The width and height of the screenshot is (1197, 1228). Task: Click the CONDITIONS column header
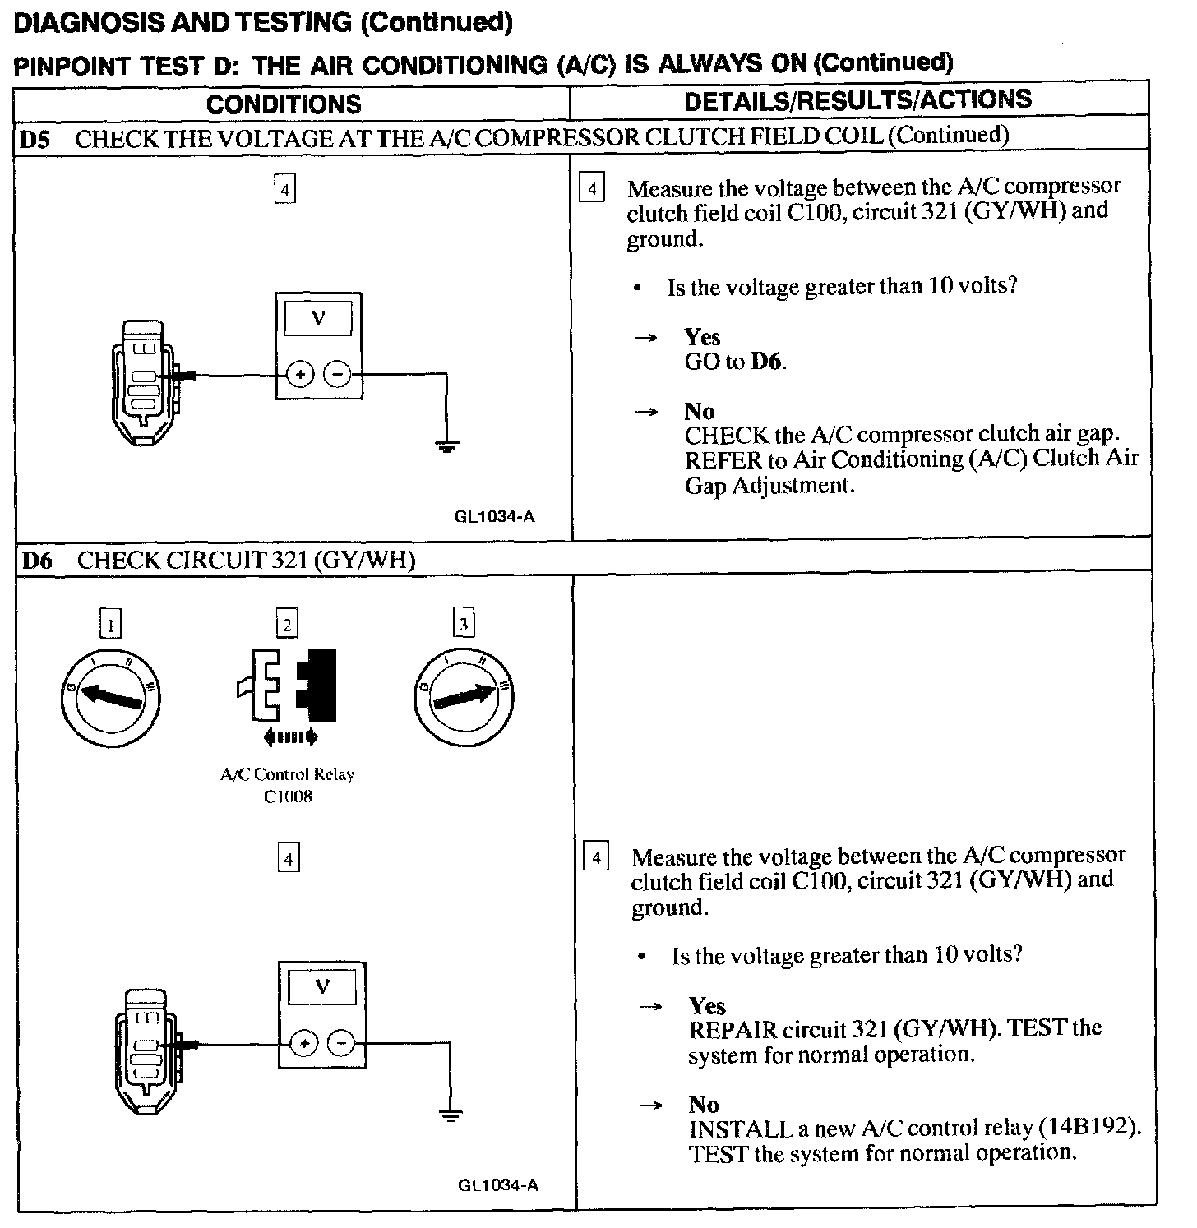point(284,104)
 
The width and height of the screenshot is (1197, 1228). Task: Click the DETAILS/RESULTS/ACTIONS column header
point(857,100)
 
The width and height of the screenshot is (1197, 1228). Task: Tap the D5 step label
point(34,140)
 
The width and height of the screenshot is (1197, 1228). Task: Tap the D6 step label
point(36,561)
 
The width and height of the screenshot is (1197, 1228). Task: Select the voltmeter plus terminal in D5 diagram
point(300,376)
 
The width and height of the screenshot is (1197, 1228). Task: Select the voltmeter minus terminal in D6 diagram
point(341,1044)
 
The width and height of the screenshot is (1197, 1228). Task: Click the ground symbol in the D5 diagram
point(446,447)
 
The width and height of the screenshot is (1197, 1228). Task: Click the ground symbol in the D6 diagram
point(450,1115)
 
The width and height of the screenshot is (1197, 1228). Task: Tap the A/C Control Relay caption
point(287,774)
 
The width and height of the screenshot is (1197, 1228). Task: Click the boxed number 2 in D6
point(286,625)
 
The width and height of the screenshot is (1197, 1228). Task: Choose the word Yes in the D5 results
point(702,337)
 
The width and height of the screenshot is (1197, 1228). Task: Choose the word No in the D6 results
point(704,1104)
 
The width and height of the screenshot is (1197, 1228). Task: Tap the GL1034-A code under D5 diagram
point(494,516)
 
